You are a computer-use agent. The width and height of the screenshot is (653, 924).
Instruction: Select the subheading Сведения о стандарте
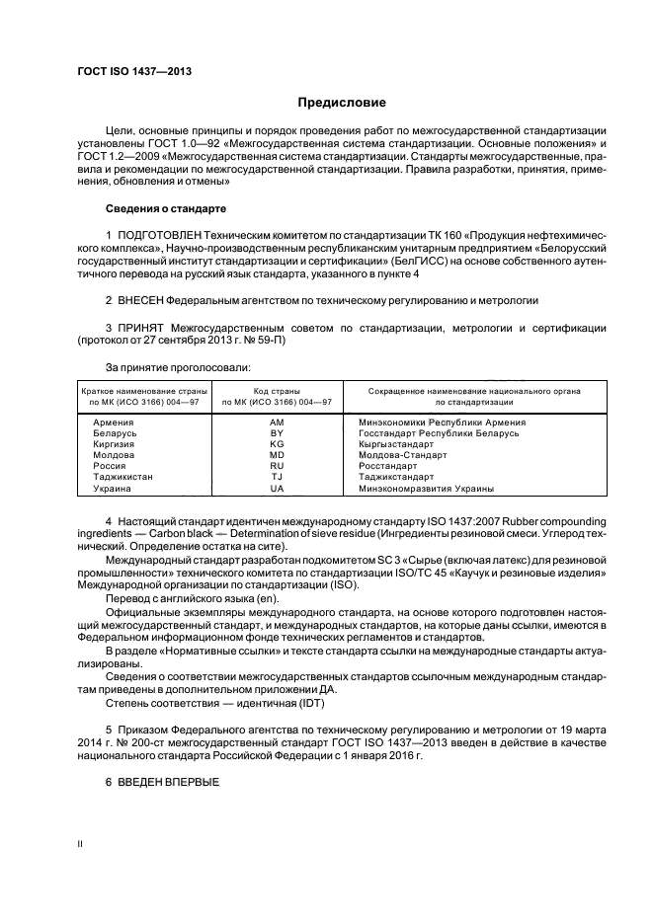[166, 209]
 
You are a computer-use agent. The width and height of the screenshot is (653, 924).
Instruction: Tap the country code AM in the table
[277, 422]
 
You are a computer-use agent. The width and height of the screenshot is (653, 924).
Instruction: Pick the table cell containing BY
[277, 431]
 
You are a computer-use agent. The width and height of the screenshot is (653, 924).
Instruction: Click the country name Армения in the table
[114, 422]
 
